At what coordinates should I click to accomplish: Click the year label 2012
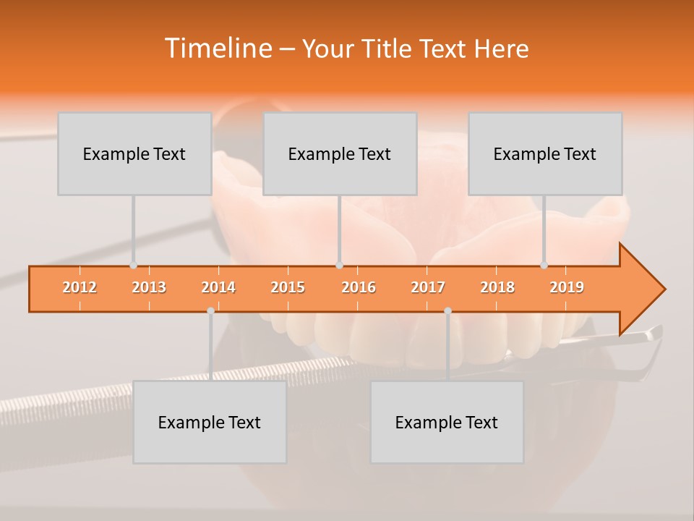pos(80,287)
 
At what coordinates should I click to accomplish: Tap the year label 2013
pos(149,287)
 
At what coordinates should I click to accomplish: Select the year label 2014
pos(218,287)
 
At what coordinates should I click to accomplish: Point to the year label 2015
pos(288,287)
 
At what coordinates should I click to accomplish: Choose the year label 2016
pos(359,287)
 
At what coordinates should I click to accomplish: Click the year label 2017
pos(428,287)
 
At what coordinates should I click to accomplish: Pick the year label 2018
pos(497,287)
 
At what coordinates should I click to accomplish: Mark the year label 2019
pos(567,287)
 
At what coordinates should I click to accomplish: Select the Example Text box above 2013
pos(134,154)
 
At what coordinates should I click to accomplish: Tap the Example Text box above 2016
pos(340,154)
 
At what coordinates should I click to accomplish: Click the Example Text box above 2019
pos(545,154)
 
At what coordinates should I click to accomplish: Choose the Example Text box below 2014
pos(210,423)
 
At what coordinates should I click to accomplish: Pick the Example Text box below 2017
pos(447,423)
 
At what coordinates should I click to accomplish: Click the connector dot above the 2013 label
pos(134,266)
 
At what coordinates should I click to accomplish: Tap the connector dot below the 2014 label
pos(210,311)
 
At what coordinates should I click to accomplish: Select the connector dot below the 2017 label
pos(447,311)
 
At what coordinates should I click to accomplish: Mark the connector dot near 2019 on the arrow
pos(544,266)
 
